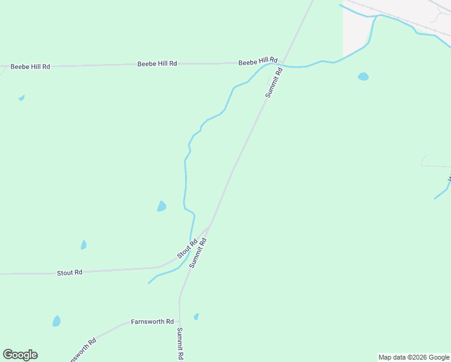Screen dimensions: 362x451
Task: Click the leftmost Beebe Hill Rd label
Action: (30, 66)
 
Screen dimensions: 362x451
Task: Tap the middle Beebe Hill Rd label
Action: (157, 63)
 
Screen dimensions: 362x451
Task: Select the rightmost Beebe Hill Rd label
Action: (257, 62)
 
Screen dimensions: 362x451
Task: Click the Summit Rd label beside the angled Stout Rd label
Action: (198, 253)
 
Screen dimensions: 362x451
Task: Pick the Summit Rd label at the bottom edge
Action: (180, 344)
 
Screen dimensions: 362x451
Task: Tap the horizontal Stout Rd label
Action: (69, 273)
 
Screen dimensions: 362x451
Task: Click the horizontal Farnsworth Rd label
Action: (152, 322)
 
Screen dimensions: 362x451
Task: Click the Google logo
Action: (20, 355)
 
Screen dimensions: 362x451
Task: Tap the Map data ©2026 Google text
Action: (414, 357)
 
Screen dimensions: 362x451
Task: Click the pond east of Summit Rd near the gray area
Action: (363, 77)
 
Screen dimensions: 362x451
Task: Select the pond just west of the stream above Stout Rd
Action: (161, 206)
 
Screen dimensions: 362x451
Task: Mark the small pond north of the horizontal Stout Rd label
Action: (84, 245)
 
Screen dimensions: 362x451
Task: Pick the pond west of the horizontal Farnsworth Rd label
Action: (56, 321)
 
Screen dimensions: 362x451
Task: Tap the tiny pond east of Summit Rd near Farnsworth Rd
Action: (196, 316)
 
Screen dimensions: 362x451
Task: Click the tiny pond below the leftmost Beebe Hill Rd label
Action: (22, 98)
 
